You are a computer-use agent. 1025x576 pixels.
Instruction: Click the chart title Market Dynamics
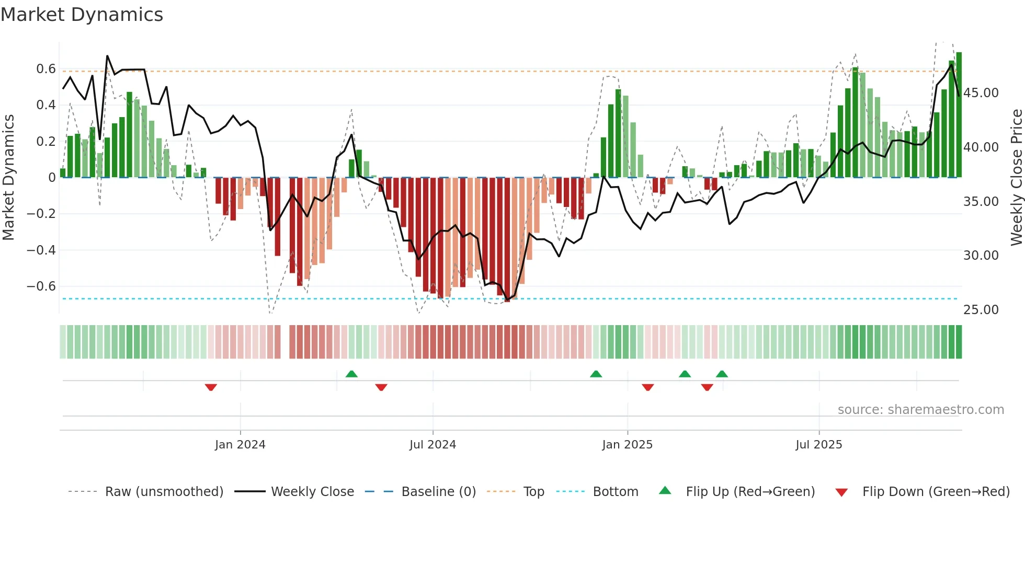pos(82,15)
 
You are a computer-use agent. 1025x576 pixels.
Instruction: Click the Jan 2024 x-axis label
pos(240,445)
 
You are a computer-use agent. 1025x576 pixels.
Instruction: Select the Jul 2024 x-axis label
pos(432,445)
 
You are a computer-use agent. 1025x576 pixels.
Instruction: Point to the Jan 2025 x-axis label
pos(627,445)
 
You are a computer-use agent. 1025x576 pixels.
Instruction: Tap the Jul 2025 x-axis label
pos(818,445)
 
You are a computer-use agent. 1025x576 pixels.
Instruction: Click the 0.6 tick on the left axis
pos(46,69)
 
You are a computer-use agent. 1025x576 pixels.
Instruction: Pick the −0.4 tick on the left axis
pos(41,250)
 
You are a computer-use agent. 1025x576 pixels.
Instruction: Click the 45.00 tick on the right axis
pos(981,93)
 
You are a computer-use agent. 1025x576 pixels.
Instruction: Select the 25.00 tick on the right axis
pos(981,310)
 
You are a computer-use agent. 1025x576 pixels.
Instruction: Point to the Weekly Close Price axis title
pos(1016,178)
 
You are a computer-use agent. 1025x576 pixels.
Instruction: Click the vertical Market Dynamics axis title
pos(9,178)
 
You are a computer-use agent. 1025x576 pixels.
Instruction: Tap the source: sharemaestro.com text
pos(920,410)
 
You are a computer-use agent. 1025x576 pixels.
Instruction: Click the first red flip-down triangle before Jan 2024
pos(211,387)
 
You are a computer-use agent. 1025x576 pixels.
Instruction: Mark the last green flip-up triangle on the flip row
pos(722,374)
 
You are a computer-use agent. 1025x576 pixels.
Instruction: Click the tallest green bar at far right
pos(959,115)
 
